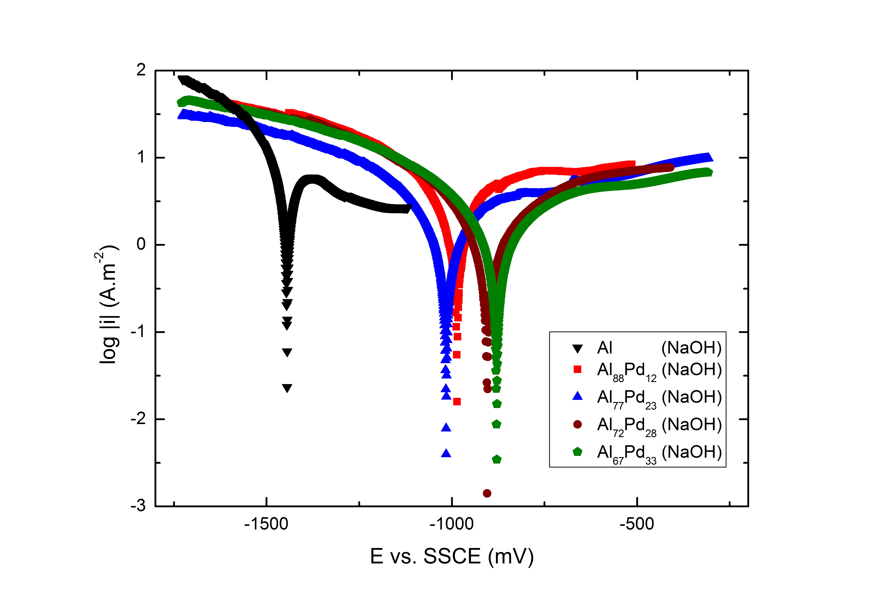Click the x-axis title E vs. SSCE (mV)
(x=452, y=556)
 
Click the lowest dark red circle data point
(x=487, y=493)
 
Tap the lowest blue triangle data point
(x=446, y=453)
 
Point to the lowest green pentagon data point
(x=497, y=459)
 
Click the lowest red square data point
(x=457, y=402)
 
